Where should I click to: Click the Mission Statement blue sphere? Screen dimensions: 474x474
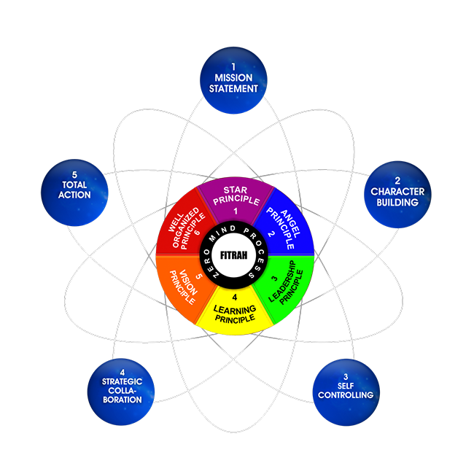236,82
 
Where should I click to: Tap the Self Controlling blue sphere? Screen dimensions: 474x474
346,387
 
